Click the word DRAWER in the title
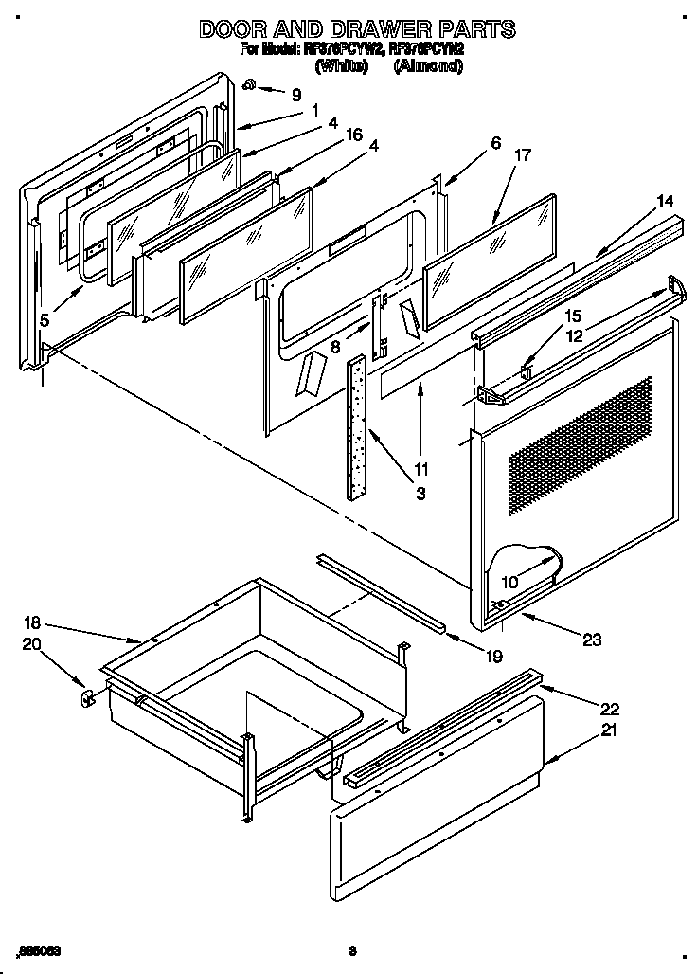[380, 29]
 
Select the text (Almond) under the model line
[428, 66]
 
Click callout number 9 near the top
[296, 95]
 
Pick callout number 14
[665, 201]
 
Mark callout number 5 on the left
[45, 321]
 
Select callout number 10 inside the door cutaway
[510, 581]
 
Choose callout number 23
[592, 640]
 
